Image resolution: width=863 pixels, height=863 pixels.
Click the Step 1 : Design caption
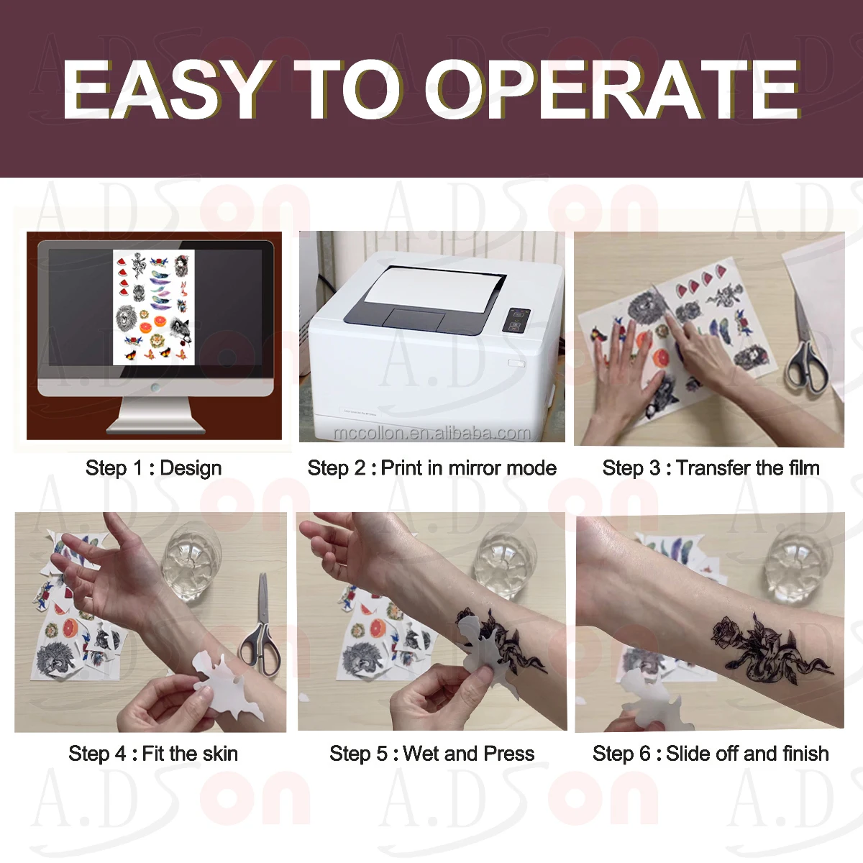[x=154, y=468]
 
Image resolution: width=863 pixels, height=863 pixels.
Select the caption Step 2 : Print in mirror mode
[x=431, y=468]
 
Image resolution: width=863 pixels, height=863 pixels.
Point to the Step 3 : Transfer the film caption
[x=711, y=468]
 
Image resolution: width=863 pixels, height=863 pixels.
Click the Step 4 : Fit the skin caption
[x=153, y=754]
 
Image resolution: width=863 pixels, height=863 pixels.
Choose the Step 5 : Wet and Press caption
[x=431, y=754]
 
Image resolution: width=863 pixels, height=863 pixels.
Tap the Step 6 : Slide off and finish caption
[x=711, y=754]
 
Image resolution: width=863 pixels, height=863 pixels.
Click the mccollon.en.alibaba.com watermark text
[x=432, y=433]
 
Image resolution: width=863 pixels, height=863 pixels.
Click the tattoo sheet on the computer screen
[x=154, y=307]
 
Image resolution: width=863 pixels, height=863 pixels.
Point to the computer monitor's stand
[x=156, y=415]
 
